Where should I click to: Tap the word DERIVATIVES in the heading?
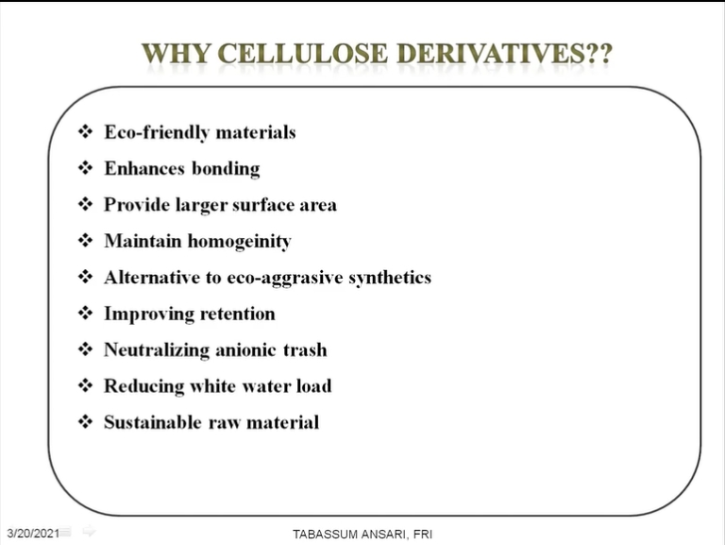tap(491, 54)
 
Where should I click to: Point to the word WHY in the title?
tap(177, 54)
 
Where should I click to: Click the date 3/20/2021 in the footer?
tap(33, 533)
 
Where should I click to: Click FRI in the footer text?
tap(423, 535)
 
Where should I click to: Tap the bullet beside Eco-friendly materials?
tap(85, 131)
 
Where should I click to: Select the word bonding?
tap(226, 169)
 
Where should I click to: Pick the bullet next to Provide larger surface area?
tap(85, 204)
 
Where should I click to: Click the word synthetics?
tap(390, 278)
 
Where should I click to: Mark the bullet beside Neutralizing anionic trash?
tap(85, 349)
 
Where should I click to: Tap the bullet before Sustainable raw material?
tap(85, 421)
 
